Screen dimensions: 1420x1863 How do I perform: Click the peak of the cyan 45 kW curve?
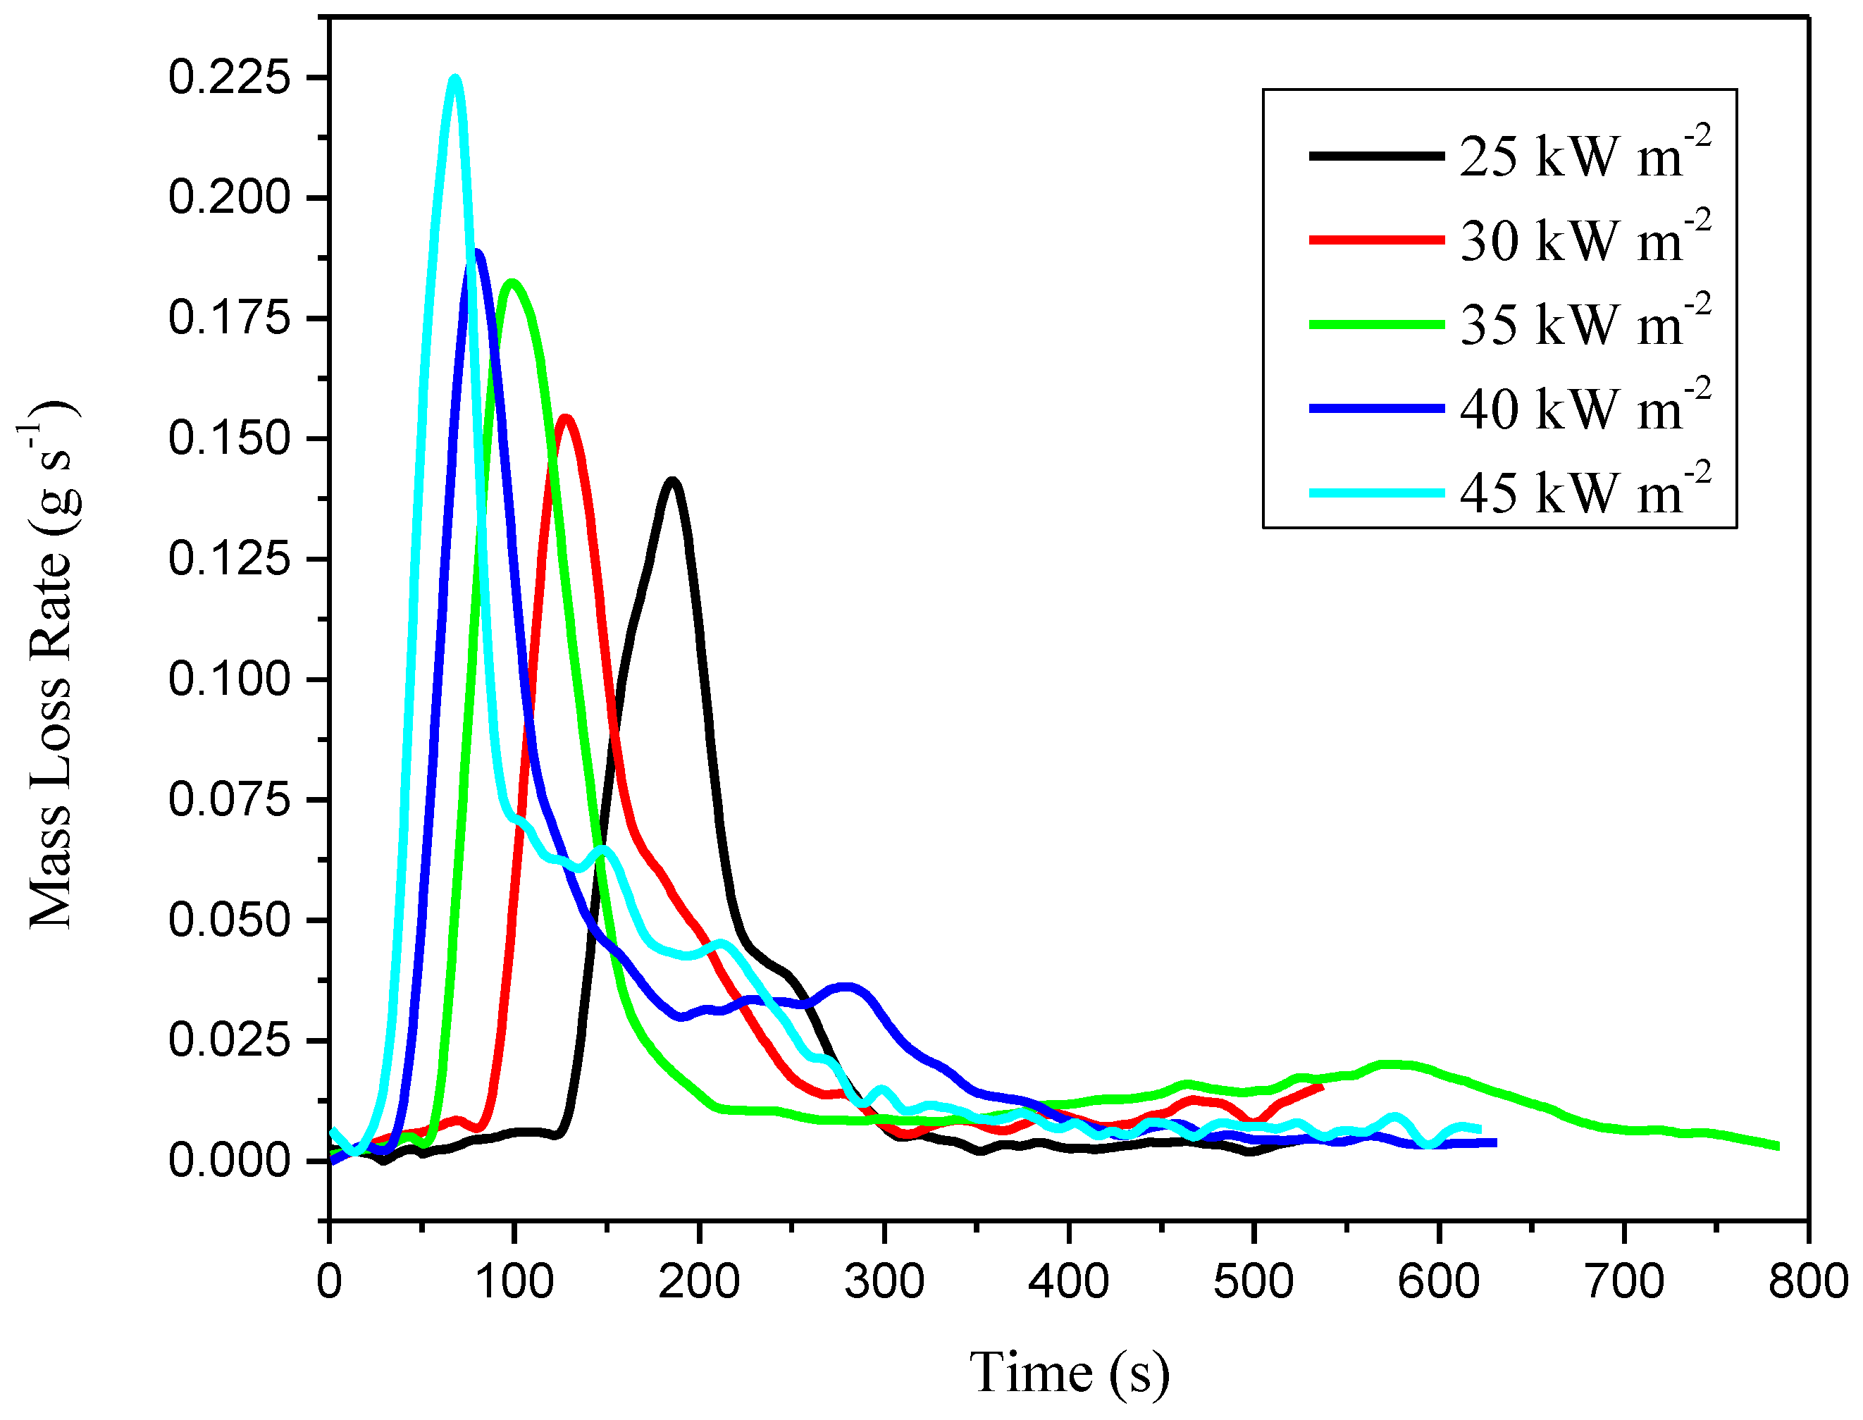pos(455,79)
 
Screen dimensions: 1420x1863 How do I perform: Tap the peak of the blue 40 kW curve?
pos(478,252)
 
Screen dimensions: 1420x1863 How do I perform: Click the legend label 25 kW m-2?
pos(1585,156)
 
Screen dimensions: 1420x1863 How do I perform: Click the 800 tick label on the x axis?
pos(1808,1282)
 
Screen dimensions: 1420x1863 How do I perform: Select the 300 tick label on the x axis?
pos(884,1282)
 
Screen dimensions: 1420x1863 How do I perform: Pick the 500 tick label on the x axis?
pos(1254,1282)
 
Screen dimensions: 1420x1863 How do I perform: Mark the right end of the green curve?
pos(1778,1146)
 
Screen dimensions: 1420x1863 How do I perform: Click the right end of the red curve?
pos(1321,1087)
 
